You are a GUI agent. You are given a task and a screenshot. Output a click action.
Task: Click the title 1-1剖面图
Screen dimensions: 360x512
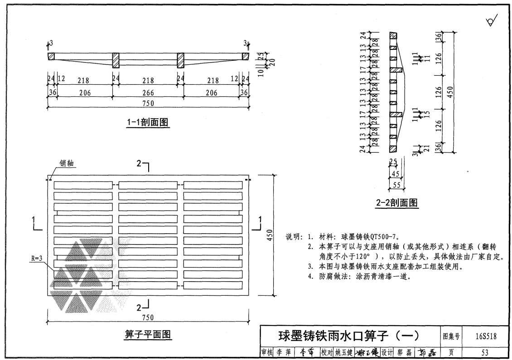(x=148, y=122)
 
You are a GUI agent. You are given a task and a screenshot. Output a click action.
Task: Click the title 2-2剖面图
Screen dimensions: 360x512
(x=397, y=203)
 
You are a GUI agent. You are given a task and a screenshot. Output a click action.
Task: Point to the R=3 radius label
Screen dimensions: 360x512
(x=38, y=259)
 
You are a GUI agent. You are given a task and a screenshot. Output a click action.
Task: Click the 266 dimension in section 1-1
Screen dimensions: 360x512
(x=148, y=93)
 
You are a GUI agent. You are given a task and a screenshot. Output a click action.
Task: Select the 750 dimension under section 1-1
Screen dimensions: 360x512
(x=148, y=103)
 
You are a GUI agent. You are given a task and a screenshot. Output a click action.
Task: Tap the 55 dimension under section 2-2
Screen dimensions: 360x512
(x=396, y=185)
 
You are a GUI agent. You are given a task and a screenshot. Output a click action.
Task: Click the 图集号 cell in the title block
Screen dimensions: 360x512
(x=451, y=336)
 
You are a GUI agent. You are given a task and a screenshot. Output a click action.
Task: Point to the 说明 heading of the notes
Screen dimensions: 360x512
(x=294, y=236)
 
